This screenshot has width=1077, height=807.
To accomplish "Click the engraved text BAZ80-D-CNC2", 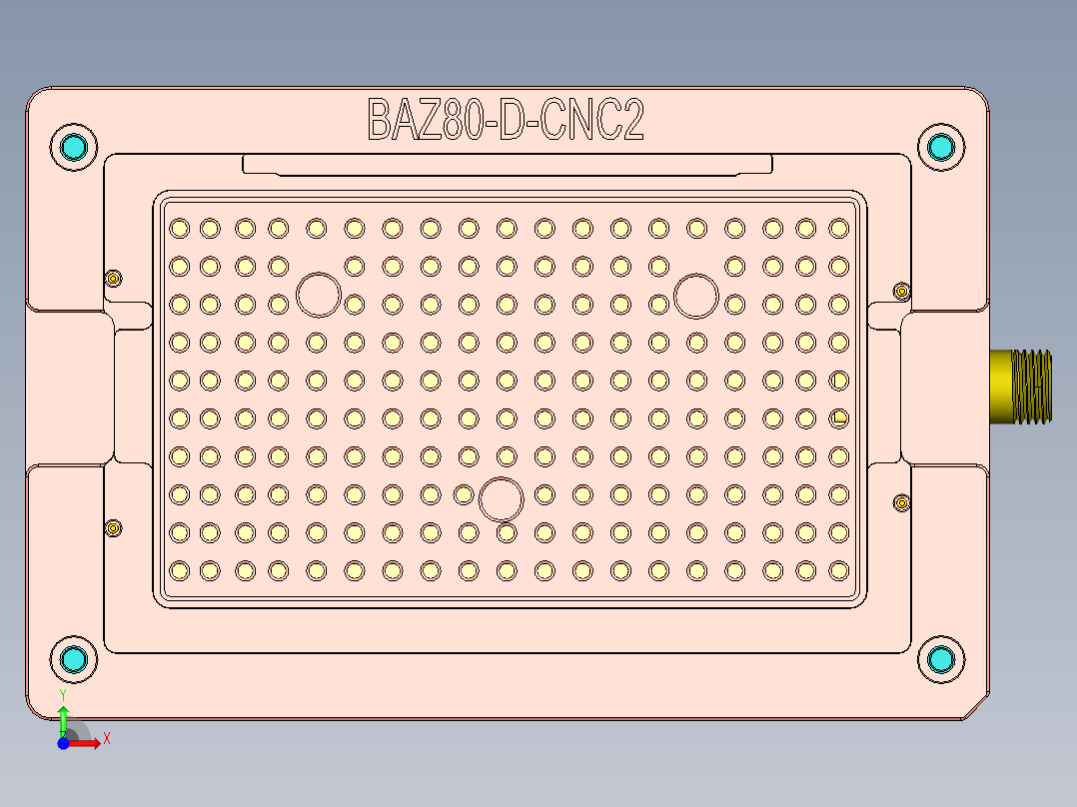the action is pos(506,121).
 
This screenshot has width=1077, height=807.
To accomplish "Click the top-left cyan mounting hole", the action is pos(74,148).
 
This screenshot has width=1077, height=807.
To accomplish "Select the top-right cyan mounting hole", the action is pos(941,148).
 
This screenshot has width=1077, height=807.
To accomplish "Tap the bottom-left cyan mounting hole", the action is pos(74,659).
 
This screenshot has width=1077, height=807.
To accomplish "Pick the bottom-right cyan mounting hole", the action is pos(941,659).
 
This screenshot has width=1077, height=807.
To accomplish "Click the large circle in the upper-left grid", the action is pos(320,295).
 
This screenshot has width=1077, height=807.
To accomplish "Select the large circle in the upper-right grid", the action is pos(696,295).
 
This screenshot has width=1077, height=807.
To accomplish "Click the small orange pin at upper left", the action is pos(114,279).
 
